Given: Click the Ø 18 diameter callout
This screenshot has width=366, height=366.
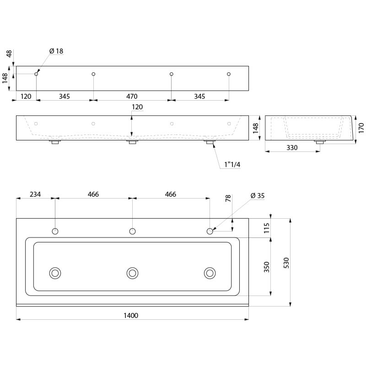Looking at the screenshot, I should [x=55, y=51].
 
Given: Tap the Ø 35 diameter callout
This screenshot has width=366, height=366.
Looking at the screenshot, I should [x=257, y=195].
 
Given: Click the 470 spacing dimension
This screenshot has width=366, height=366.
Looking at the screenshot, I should [x=132, y=97].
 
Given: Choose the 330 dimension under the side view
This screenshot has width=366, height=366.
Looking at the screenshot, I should [x=292, y=147].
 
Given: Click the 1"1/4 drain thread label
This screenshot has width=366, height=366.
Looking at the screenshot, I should [x=232, y=164].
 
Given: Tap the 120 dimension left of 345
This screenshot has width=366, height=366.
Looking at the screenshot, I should [x=26, y=97].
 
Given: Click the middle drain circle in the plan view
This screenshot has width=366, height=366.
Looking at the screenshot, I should [x=133, y=273].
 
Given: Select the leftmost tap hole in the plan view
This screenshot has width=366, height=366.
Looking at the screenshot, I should [x=55, y=231].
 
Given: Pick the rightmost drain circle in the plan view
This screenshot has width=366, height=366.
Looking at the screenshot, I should [x=210, y=273].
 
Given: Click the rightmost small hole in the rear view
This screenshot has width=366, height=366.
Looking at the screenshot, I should [x=229, y=74].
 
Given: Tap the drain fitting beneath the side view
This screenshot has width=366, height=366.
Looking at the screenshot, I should [x=319, y=143].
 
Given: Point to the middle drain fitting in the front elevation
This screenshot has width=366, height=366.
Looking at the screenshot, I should [x=133, y=142].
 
